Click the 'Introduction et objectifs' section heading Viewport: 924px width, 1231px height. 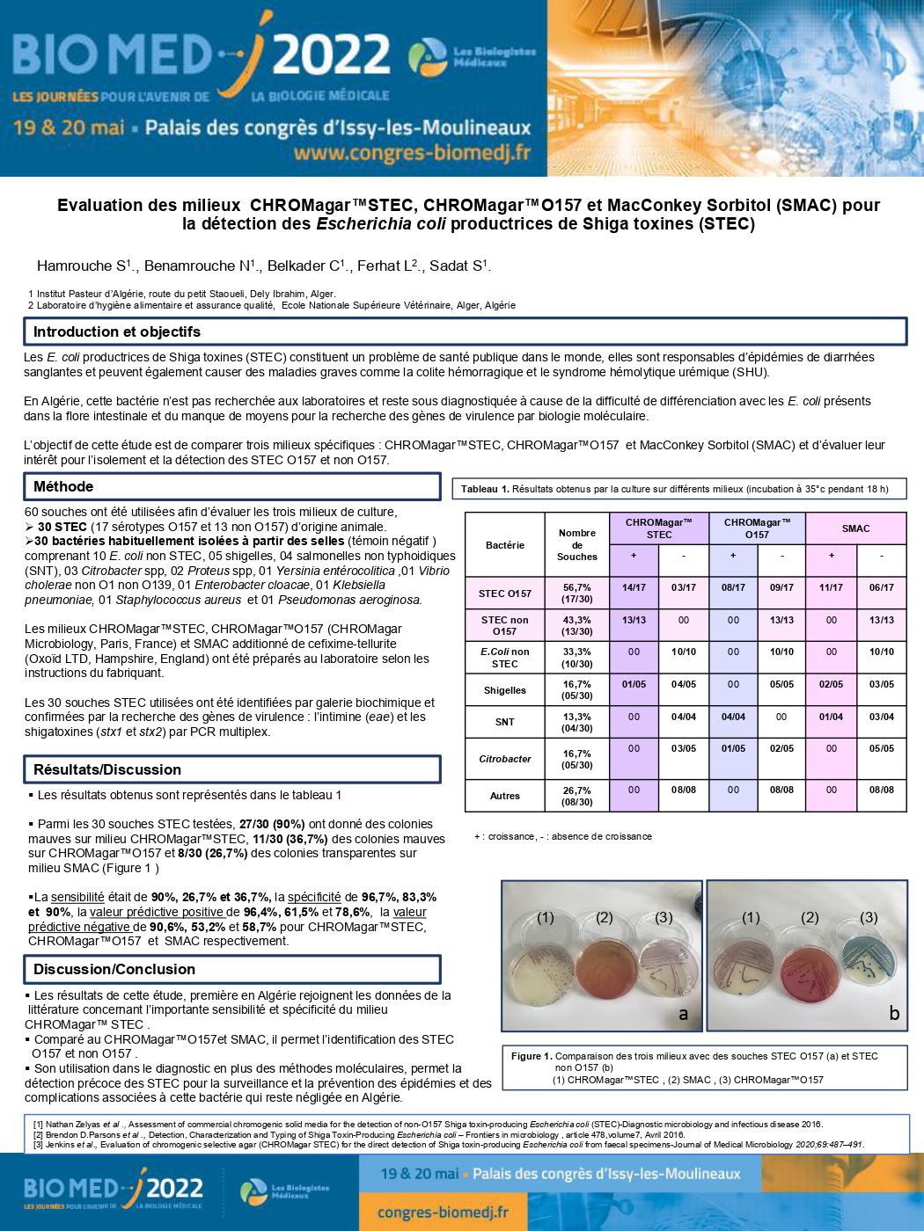pos(117,331)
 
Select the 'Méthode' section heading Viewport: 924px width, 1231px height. pos(63,486)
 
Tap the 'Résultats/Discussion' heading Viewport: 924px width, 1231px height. pos(107,769)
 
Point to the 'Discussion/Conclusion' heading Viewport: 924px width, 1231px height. pos(114,969)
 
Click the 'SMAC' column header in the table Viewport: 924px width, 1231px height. pos(855,528)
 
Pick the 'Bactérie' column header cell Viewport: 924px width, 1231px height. pos(505,545)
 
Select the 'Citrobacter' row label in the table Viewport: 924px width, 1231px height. pos(505,759)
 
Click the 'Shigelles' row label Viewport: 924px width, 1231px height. pos(505,690)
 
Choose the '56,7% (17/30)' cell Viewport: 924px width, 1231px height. pos(577,594)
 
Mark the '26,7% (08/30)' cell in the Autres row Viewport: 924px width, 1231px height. pos(577,796)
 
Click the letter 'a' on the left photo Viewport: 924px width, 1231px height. pos(683,1014)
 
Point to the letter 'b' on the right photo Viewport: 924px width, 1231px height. pos(894,1013)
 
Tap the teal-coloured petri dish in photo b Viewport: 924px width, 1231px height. pos(869,958)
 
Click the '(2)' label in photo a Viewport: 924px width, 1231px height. pos(604,917)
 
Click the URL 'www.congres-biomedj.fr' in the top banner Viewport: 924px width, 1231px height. pos(412,153)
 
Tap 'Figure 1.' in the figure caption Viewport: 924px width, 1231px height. pos(532,1056)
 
